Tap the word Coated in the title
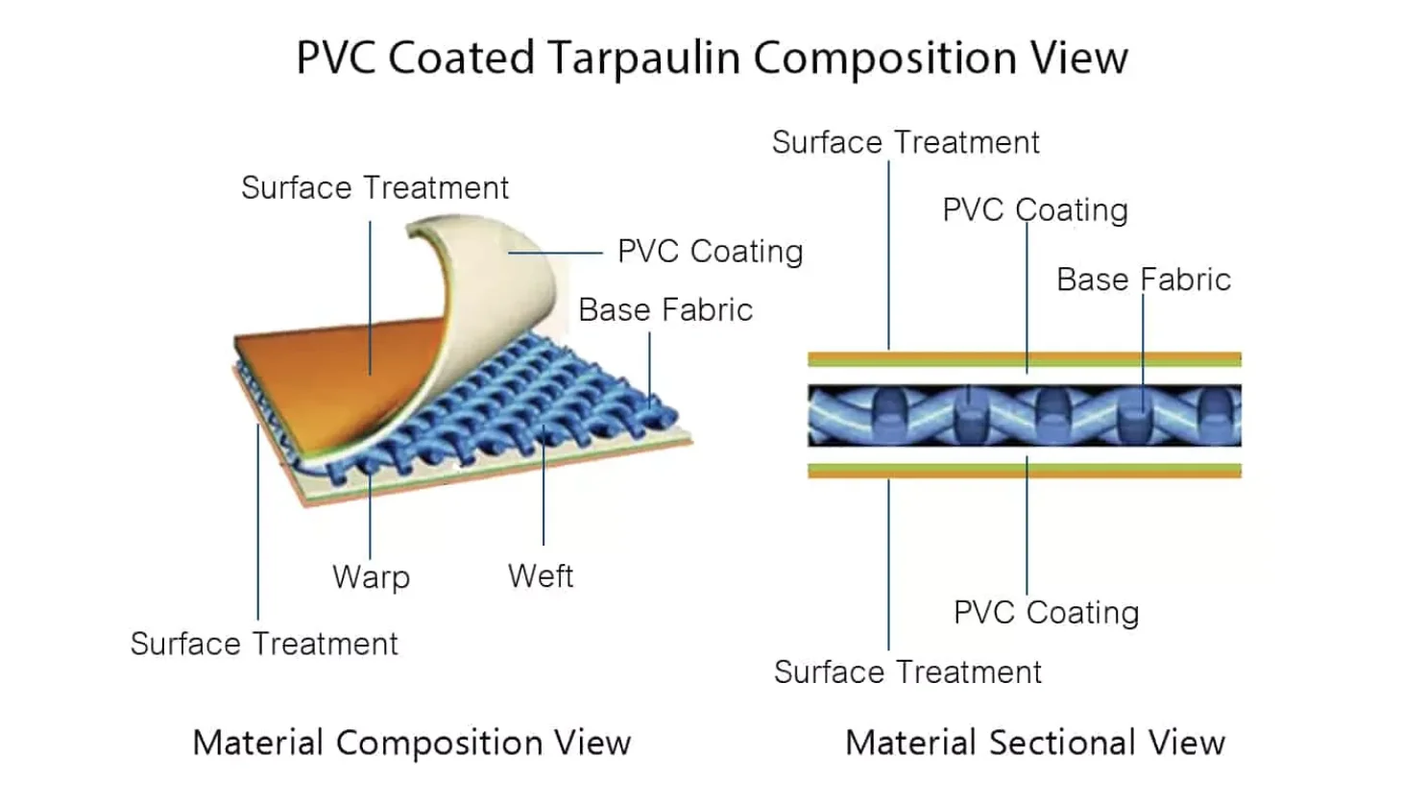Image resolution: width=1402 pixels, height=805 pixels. tap(461, 58)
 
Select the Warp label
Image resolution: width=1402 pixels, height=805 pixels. tap(371, 576)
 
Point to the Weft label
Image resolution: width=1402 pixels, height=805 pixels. tap(541, 575)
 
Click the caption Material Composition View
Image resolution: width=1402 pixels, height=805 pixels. tap(411, 743)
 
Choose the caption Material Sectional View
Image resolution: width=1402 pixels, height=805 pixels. tap(1034, 743)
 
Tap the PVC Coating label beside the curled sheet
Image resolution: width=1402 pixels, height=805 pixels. tap(710, 252)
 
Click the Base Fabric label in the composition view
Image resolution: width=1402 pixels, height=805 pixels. tap(665, 310)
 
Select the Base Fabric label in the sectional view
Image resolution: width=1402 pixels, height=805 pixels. tap(1143, 280)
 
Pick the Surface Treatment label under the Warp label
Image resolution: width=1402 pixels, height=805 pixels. tap(264, 644)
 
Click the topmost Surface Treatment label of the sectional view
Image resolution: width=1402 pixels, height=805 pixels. tap(905, 143)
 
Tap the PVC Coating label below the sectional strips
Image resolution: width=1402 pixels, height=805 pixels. tap(1046, 613)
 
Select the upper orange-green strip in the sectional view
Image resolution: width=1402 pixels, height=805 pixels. tap(1024, 359)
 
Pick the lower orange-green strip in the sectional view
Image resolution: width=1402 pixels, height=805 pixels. tap(1024, 471)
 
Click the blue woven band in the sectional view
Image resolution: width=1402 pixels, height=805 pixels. tap(1024, 415)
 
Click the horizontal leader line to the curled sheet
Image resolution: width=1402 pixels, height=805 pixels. tap(555, 253)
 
